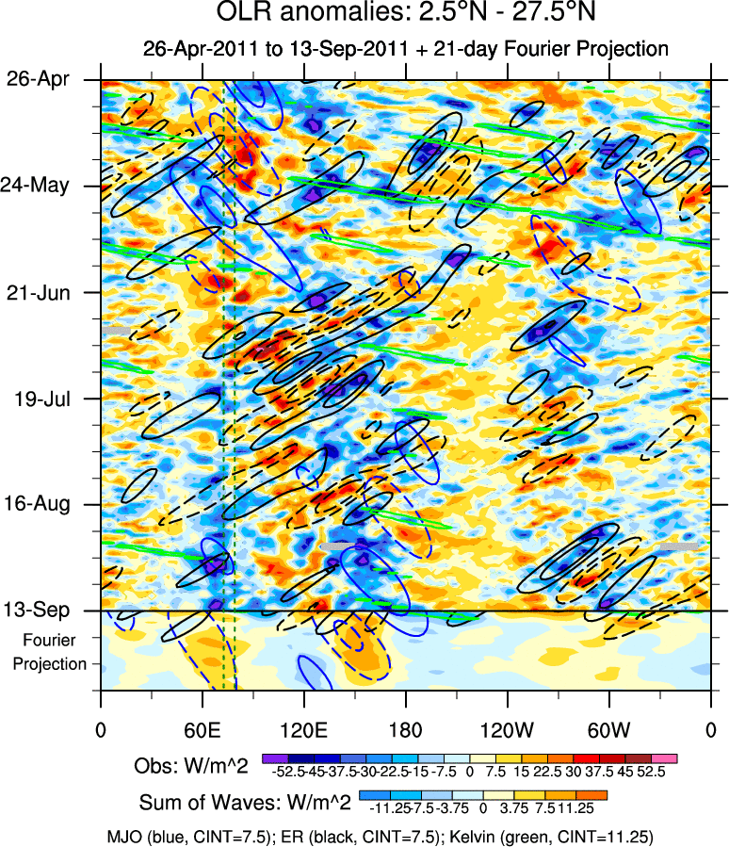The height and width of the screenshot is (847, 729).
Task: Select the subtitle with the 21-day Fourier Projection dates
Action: (x=405, y=49)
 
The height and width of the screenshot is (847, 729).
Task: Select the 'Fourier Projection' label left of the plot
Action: (x=49, y=652)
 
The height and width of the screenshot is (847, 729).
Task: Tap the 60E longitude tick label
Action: (x=202, y=729)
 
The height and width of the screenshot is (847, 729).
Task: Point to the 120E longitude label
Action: (x=303, y=729)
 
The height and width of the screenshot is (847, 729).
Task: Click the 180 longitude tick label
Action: (x=405, y=729)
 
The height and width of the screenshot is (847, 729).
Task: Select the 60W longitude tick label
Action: (x=608, y=729)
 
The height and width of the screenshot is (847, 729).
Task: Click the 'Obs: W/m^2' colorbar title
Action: (x=193, y=767)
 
